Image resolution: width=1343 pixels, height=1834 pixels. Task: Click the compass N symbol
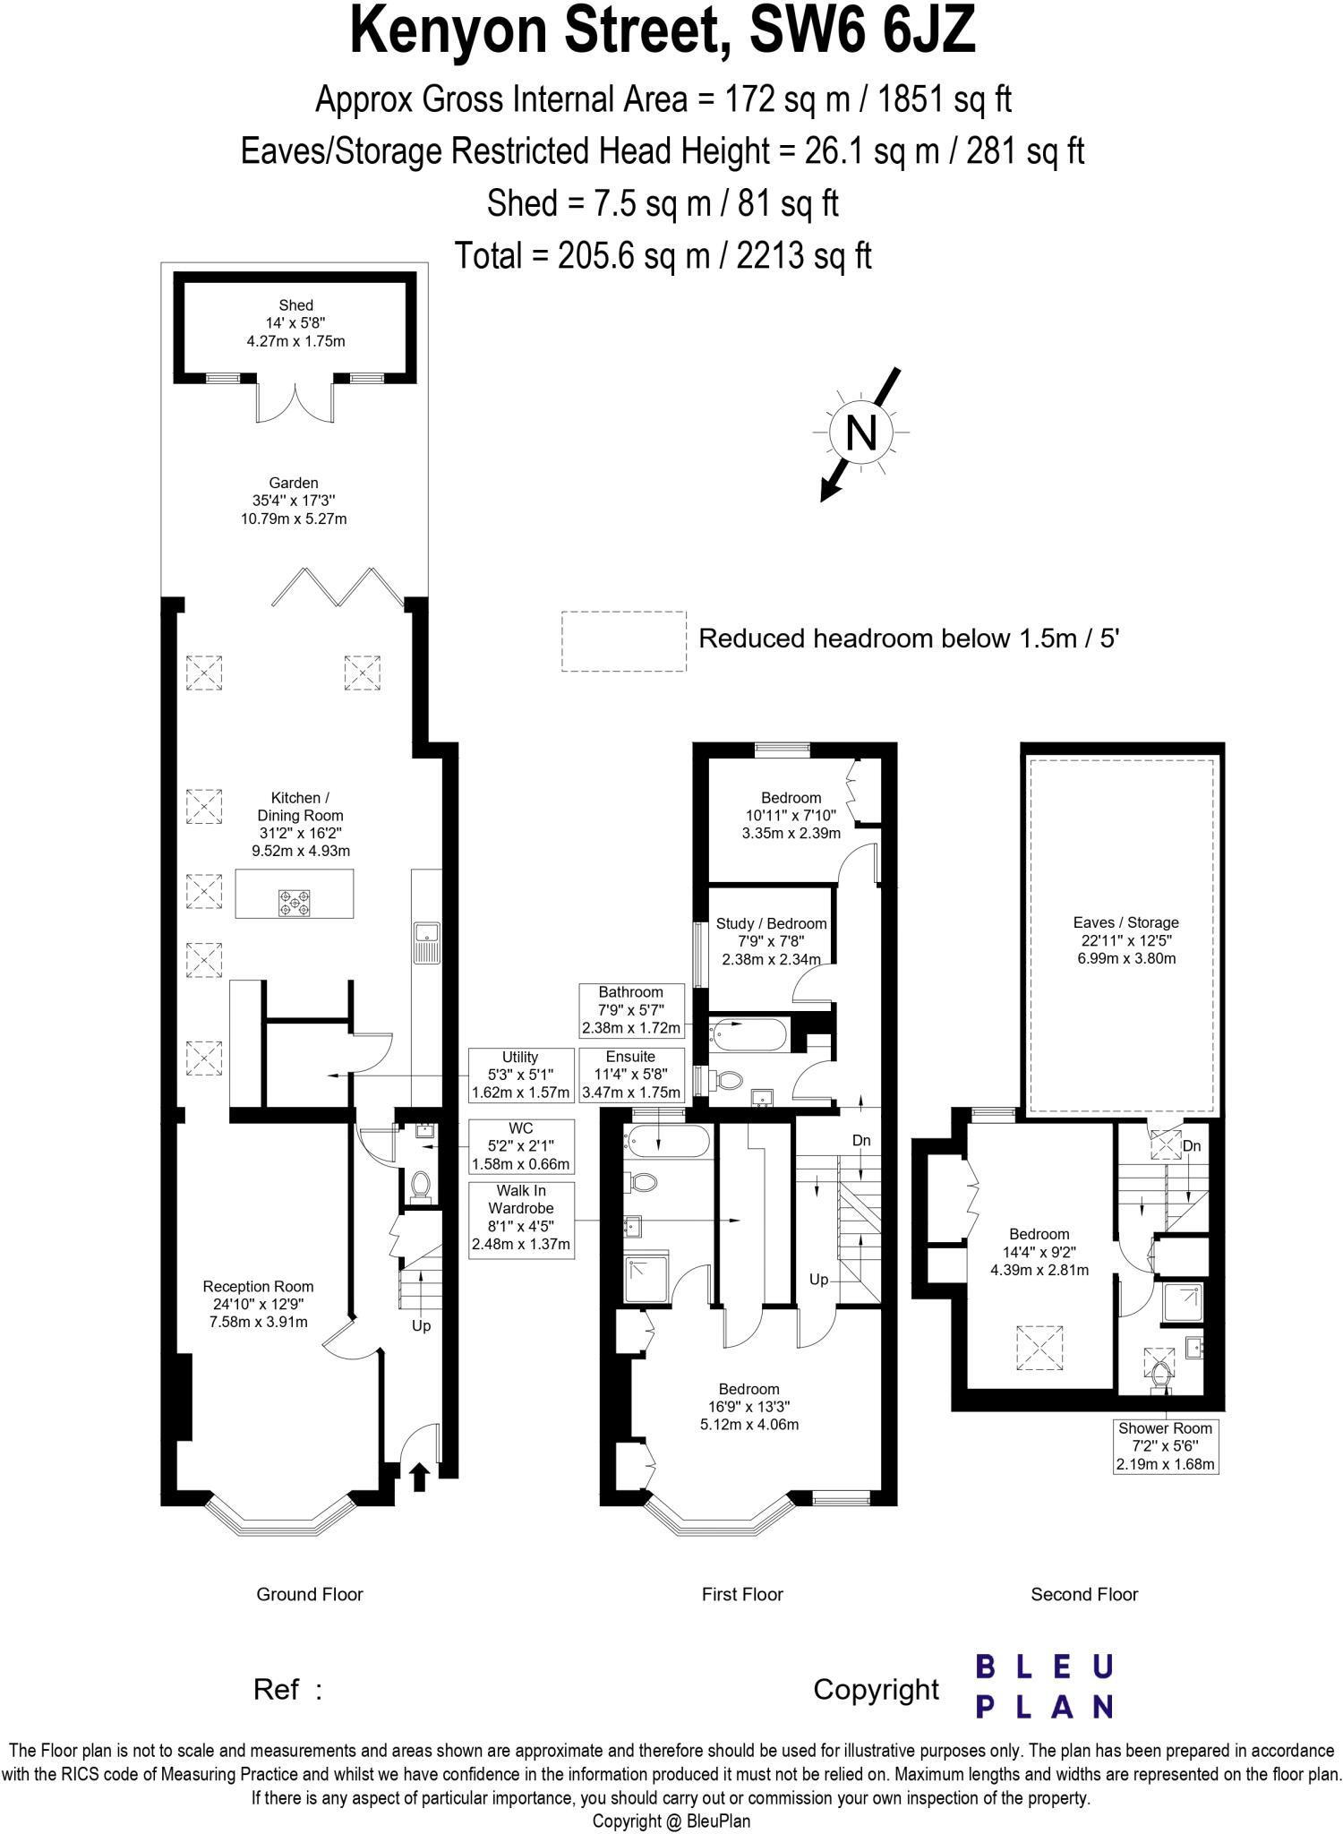860,433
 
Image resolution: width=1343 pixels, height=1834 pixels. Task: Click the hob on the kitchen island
295,902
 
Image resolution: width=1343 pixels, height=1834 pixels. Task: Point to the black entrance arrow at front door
419,1476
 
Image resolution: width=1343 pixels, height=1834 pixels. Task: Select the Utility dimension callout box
520,1075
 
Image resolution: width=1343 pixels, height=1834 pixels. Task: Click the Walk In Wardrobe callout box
521,1220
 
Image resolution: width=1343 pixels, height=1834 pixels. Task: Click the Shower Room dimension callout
1165,1446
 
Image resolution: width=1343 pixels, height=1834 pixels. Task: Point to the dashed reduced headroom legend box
623,640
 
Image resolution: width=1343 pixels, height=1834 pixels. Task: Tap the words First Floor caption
742,1594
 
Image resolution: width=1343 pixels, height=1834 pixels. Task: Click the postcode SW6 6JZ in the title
861,30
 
